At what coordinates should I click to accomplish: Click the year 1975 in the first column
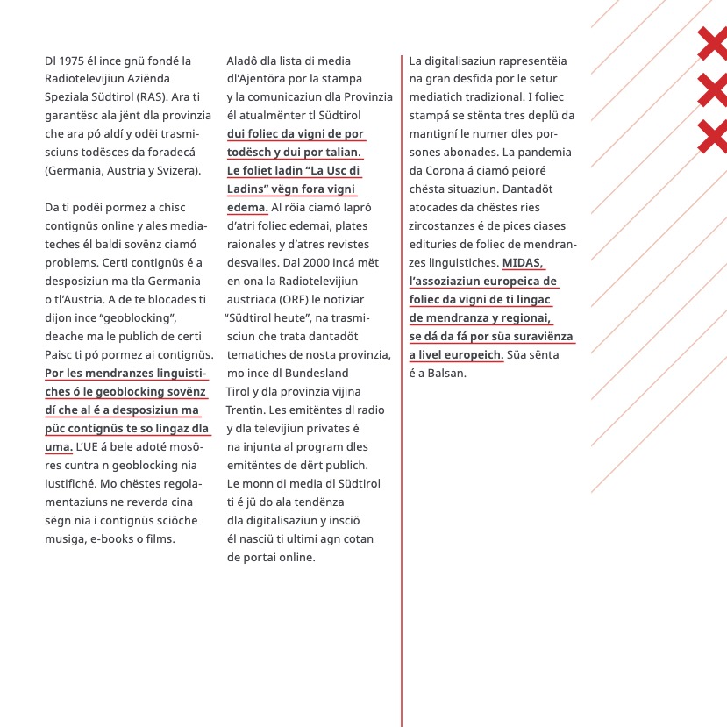(73, 61)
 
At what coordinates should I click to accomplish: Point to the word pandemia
(550, 153)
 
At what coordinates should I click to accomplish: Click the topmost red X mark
(713, 44)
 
